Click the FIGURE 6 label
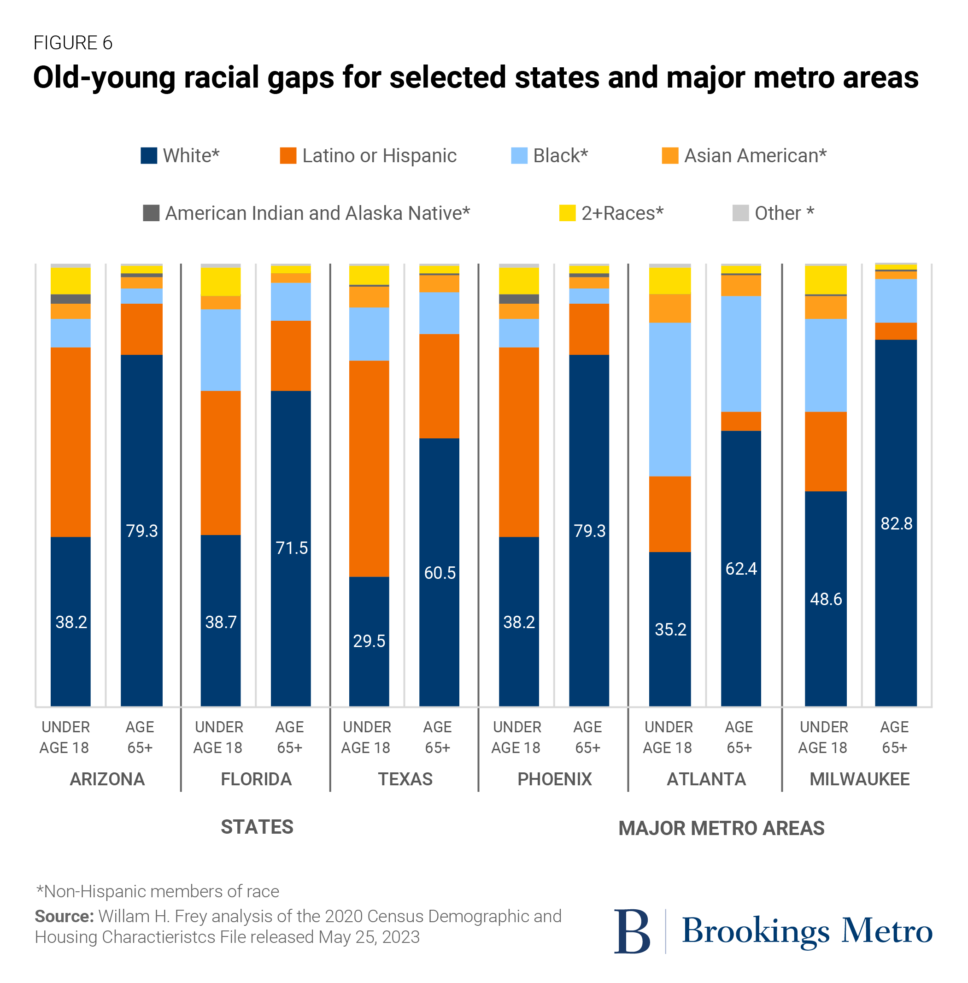(x=73, y=43)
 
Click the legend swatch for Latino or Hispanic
(x=288, y=156)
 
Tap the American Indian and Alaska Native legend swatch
(x=151, y=213)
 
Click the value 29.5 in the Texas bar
(x=369, y=641)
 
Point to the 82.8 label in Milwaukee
(x=896, y=523)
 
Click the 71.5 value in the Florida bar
(x=291, y=547)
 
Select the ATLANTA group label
(x=706, y=779)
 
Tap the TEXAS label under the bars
(x=405, y=779)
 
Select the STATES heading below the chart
(x=257, y=827)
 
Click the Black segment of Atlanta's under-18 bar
(x=669, y=399)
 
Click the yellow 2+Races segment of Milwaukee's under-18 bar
(x=825, y=280)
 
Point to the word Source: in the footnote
(x=64, y=916)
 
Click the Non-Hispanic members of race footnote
(x=158, y=891)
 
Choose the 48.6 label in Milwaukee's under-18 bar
(x=825, y=599)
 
